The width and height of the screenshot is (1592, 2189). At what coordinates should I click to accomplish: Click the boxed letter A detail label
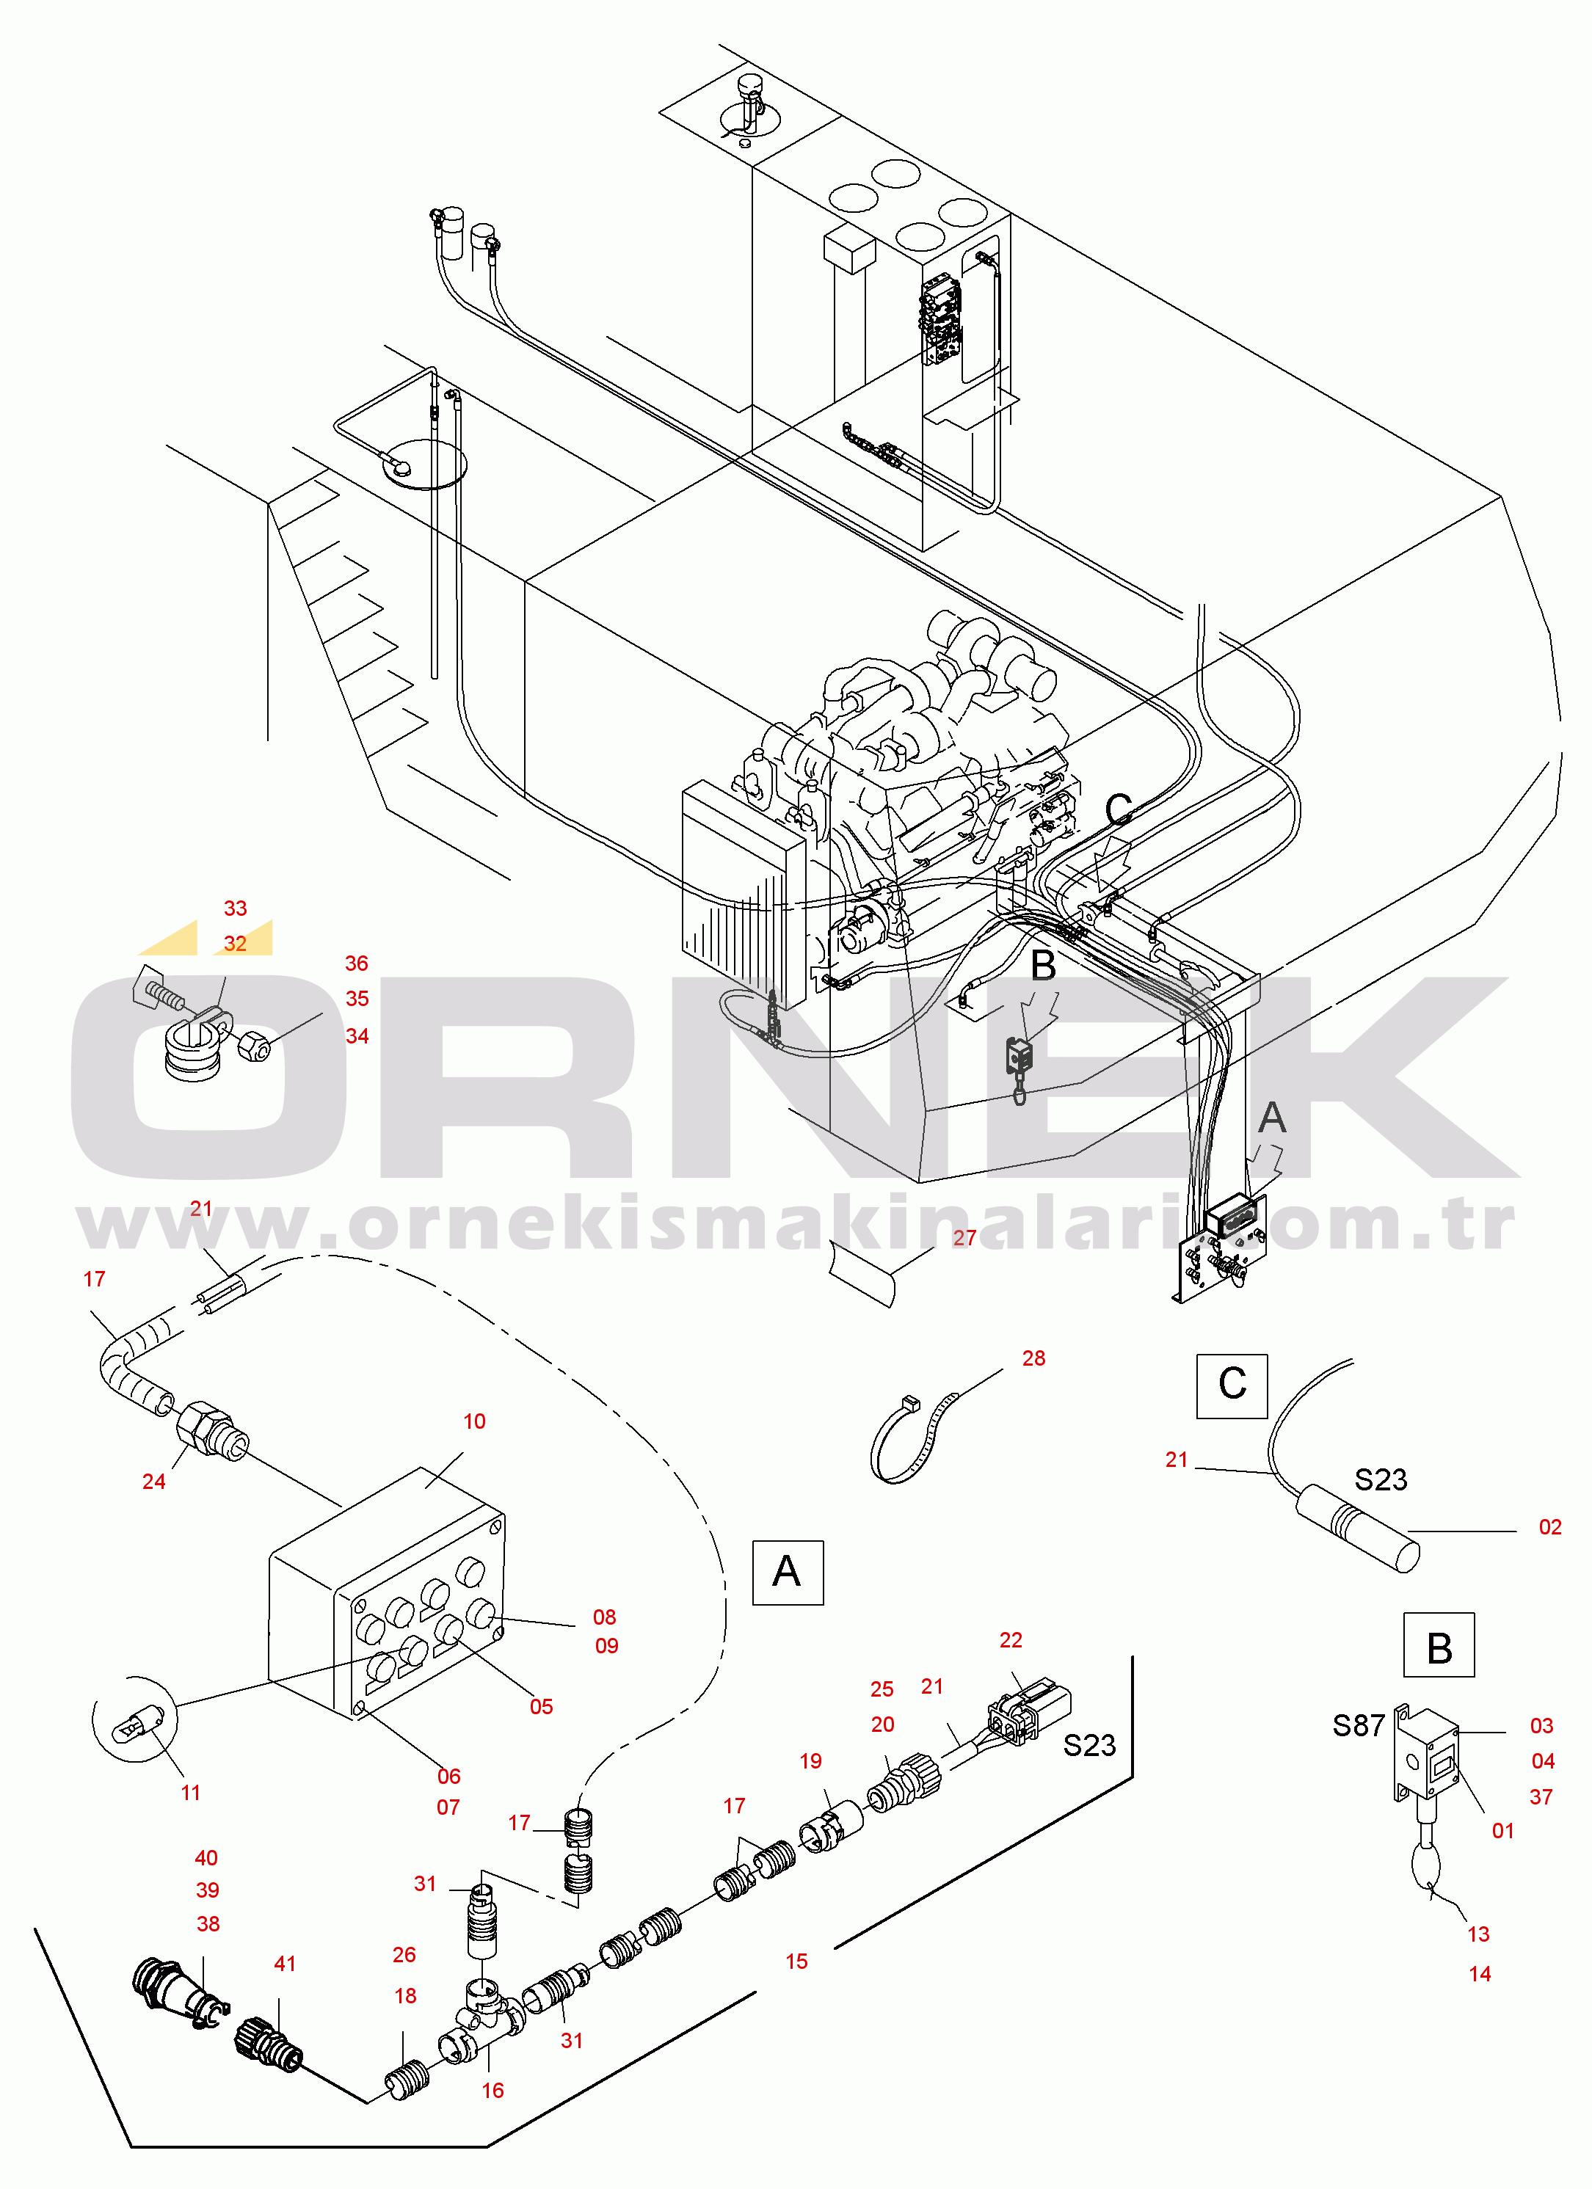click(x=787, y=1573)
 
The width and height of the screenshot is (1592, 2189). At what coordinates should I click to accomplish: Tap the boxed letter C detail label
click(x=1232, y=1386)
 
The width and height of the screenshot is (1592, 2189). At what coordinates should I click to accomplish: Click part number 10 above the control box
click(x=474, y=1421)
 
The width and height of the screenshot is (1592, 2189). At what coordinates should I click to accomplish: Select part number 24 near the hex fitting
click(x=153, y=1482)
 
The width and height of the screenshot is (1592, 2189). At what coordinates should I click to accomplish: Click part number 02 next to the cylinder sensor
click(x=1549, y=1527)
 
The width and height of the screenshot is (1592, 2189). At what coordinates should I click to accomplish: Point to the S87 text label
click(x=1359, y=1726)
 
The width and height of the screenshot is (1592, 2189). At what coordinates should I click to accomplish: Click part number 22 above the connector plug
click(x=1010, y=1640)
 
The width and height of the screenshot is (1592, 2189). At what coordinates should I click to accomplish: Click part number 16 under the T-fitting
click(x=492, y=2091)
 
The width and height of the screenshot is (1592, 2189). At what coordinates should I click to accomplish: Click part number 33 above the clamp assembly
click(x=235, y=908)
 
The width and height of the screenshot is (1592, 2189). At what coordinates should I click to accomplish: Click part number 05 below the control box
click(x=541, y=1706)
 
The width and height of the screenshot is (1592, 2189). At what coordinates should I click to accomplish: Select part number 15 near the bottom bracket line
click(x=796, y=1962)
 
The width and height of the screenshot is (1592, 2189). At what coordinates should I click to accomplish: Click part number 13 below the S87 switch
click(x=1478, y=1934)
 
